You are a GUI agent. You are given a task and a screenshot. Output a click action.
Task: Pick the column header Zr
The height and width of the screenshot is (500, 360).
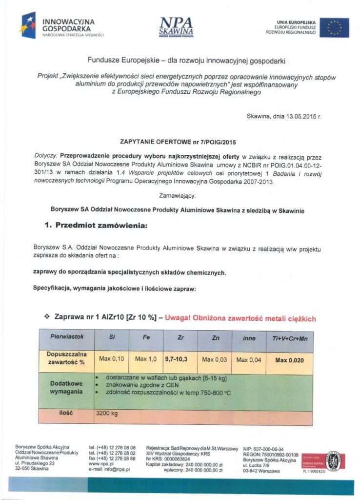point(180,338)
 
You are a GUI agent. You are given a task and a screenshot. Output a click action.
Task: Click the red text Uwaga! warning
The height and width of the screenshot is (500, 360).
point(240,318)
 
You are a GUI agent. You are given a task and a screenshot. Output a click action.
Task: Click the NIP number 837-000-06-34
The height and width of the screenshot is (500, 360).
point(266,448)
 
